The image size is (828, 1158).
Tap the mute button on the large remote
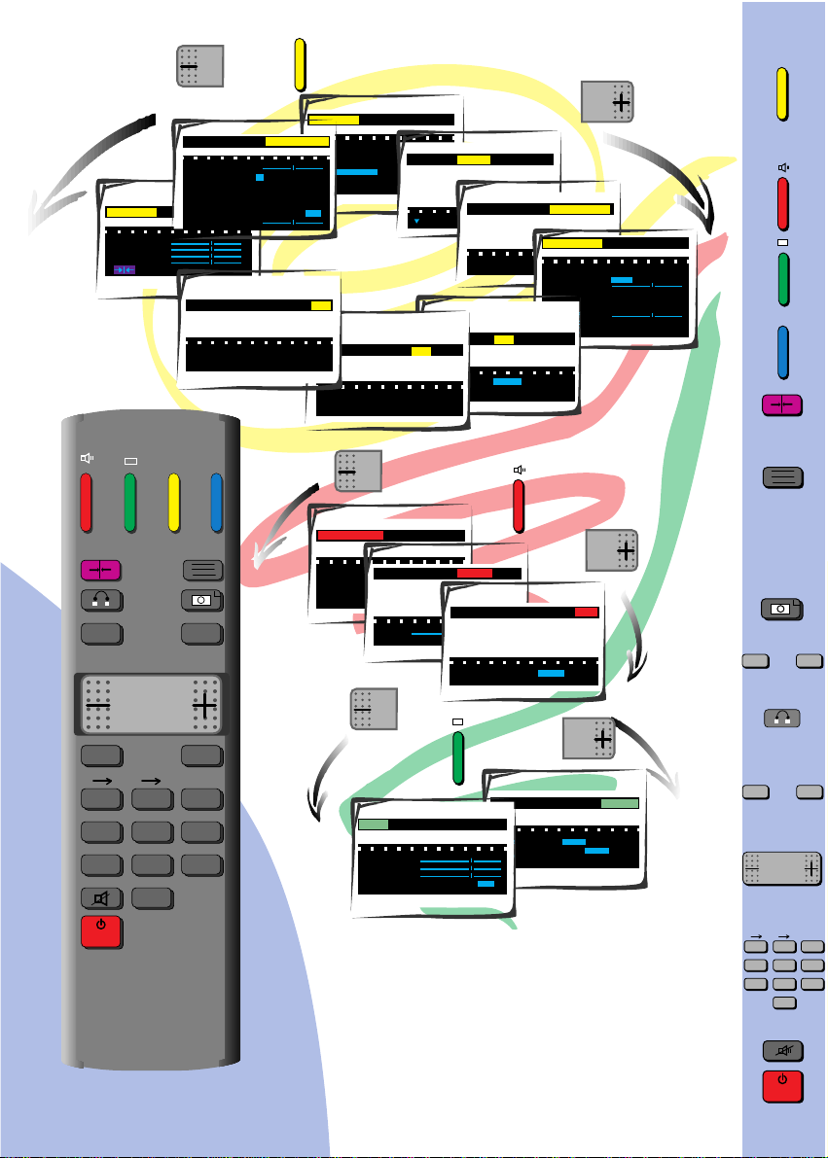pyautogui.click(x=101, y=899)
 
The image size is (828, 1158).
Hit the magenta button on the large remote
pyautogui.click(x=101, y=571)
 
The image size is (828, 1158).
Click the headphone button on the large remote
pyautogui.click(x=101, y=602)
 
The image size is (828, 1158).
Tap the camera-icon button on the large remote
pyautogui.click(x=202, y=602)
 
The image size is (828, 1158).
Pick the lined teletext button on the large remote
pyautogui.click(x=202, y=571)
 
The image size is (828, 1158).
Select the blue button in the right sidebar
pyautogui.click(x=782, y=353)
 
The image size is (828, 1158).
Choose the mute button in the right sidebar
pyautogui.click(x=782, y=1049)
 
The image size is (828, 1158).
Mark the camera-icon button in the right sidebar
pyautogui.click(x=782, y=609)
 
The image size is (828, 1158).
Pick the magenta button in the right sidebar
pyautogui.click(x=782, y=405)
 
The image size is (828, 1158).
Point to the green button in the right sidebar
pyautogui.click(x=782, y=279)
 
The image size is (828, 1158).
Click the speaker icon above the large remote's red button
pyautogui.click(x=87, y=456)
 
